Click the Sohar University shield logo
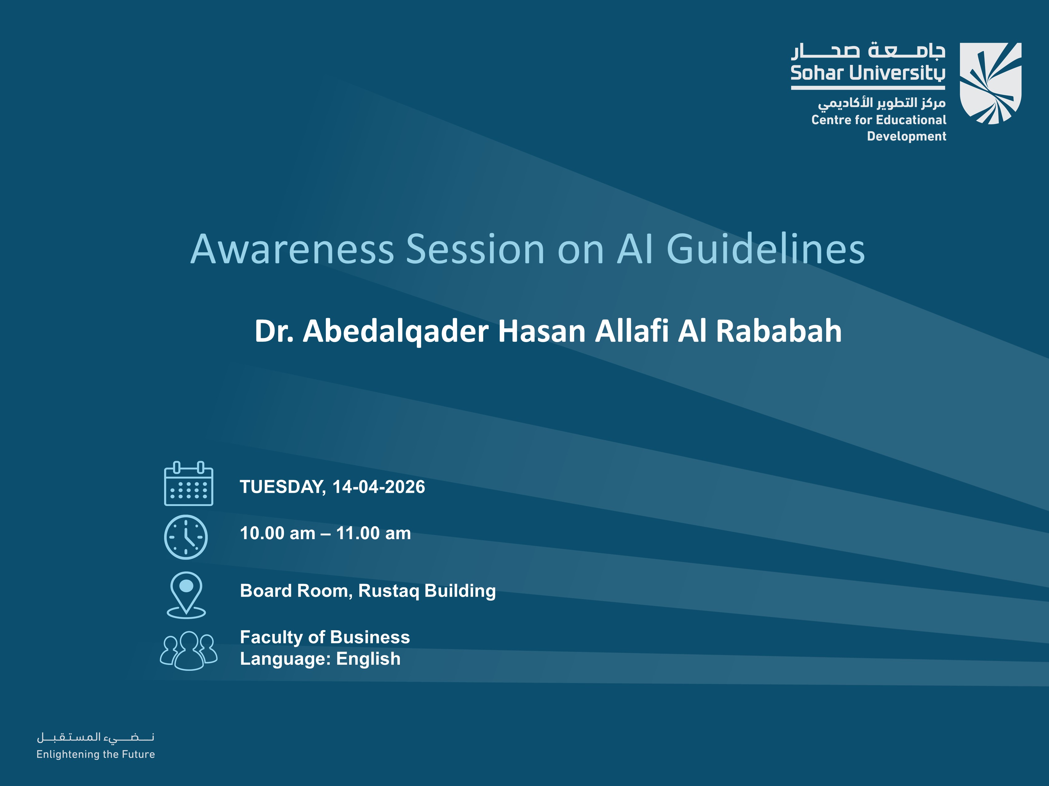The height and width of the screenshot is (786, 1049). tap(990, 84)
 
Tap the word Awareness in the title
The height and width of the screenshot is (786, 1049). tap(292, 249)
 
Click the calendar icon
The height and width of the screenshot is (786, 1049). tap(188, 484)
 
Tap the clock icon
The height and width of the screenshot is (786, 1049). tap(186, 537)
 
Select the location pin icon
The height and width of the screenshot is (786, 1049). tap(186, 595)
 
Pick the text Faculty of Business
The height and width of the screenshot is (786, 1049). tap(325, 637)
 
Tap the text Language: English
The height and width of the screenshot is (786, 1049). tap(320, 659)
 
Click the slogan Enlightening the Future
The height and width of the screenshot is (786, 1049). tap(96, 754)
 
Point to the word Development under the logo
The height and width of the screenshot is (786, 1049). tap(906, 136)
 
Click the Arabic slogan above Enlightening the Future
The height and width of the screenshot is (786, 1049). tap(96, 737)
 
